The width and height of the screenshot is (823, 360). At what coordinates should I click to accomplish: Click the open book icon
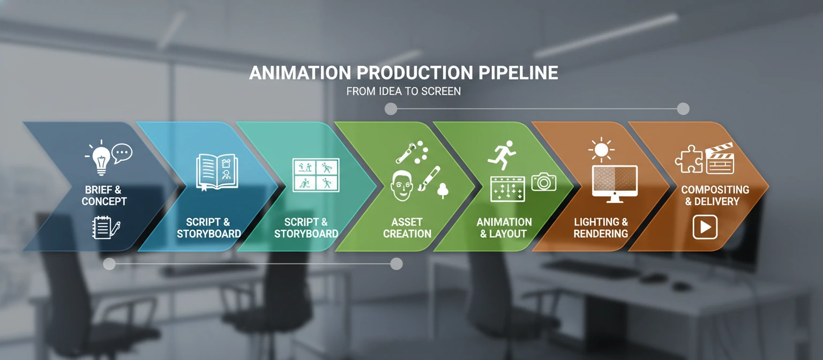click(216, 171)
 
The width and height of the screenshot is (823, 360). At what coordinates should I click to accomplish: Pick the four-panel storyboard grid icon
click(316, 175)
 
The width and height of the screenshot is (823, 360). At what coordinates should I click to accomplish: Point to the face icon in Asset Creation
click(403, 185)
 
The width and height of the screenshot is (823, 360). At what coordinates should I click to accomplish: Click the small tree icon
click(443, 190)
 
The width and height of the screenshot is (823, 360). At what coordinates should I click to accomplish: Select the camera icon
click(544, 182)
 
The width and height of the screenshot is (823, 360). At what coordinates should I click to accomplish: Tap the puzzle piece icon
click(689, 160)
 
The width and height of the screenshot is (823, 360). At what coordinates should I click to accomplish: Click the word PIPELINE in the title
click(517, 73)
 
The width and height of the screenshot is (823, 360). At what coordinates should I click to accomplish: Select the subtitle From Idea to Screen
click(403, 91)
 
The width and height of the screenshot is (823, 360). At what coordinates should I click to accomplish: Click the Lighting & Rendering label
click(601, 228)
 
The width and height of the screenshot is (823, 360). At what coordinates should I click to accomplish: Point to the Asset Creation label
click(407, 228)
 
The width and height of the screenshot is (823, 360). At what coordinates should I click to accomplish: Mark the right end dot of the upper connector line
click(683, 109)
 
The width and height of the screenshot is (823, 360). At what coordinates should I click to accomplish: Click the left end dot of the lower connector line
click(109, 264)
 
